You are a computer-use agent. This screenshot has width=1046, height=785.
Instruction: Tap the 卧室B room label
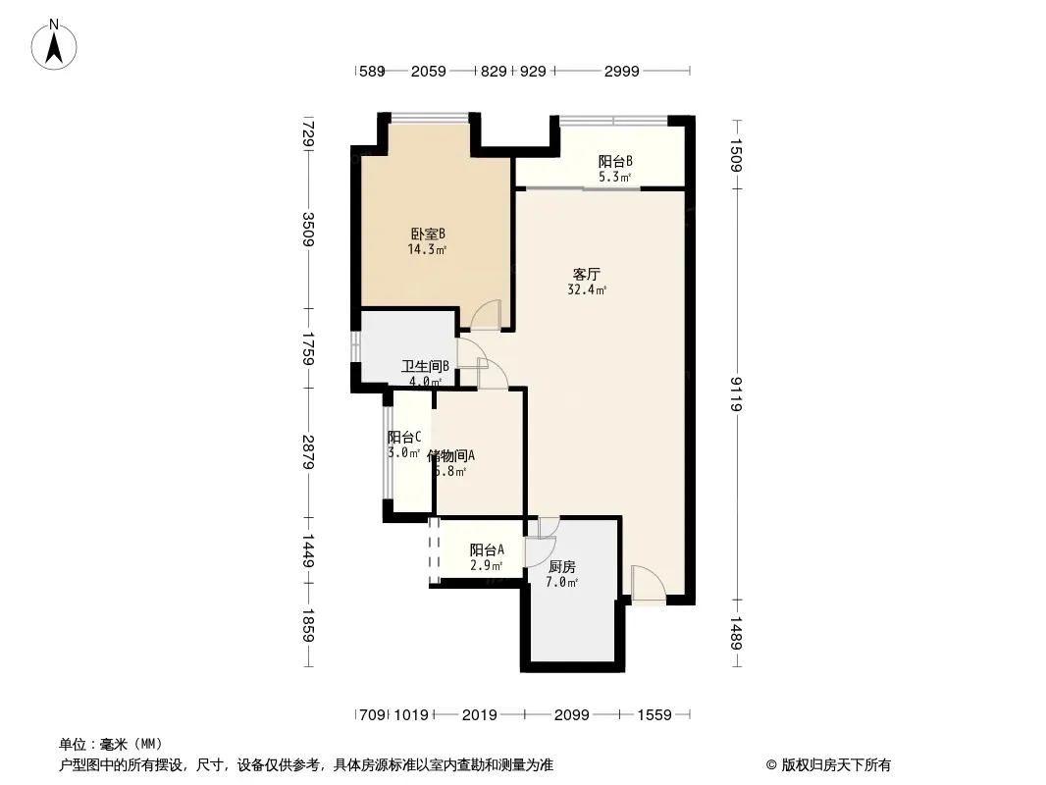click(428, 234)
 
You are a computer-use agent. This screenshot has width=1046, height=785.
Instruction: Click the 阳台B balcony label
click(615, 162)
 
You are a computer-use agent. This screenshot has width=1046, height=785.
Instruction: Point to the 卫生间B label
click(425, 367)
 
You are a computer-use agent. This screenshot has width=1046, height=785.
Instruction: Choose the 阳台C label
click(404, 437)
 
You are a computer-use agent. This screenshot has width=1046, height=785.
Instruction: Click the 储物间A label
click(451, 455)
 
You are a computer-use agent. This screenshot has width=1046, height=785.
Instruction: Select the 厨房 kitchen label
click(561, 566)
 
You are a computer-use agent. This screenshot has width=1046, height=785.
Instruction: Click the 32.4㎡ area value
click(587, 290)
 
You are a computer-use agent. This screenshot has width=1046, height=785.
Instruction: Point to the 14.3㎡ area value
click(428, 250)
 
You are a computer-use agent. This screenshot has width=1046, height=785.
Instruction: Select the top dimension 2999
click(622, 71)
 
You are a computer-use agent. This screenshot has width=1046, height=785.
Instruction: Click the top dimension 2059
click(429, 71)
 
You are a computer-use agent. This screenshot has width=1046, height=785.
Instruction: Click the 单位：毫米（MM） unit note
click(111, 744)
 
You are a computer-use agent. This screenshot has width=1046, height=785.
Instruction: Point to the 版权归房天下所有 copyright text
click(828, 764)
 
